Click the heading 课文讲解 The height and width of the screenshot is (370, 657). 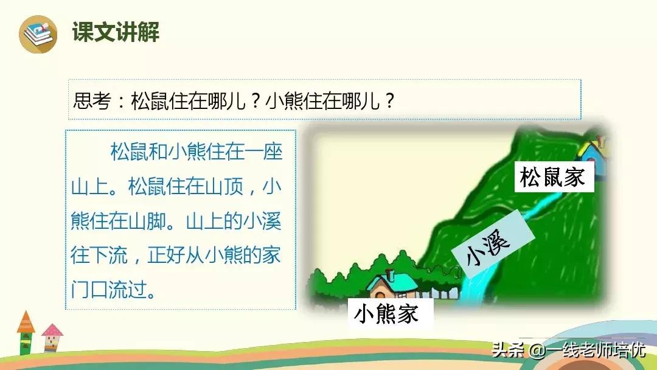[x=116, y=32]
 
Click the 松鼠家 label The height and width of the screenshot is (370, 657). [x=554, y=176]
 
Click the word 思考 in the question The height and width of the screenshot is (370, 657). [x=92, y=100]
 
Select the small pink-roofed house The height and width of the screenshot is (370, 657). [x=52, y=337]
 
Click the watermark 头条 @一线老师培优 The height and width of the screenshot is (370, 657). [x=568, y=349]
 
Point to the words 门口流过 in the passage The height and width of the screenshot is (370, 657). [x=108, y=290]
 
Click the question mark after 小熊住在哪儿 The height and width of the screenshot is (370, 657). [x=389, y=100]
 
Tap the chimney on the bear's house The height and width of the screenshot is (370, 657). [x=391, y=275]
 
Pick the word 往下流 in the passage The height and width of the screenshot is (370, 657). [x=99, y=255]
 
